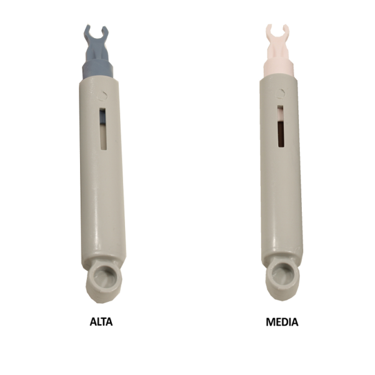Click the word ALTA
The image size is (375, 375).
[101, 322]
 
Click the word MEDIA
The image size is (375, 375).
[282, 322]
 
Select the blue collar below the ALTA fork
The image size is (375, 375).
[97, 69]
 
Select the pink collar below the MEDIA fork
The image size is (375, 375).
[278, 66]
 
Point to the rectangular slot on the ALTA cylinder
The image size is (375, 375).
[103, 129]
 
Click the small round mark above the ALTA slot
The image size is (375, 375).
[102, 96]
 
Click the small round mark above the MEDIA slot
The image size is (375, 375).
[280, 94]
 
